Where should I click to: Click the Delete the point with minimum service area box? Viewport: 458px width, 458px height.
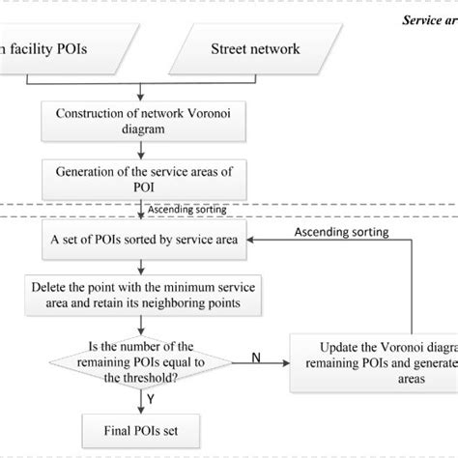tap(142, 295)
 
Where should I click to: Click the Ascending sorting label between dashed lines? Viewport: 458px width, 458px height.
tap(186, 209)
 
